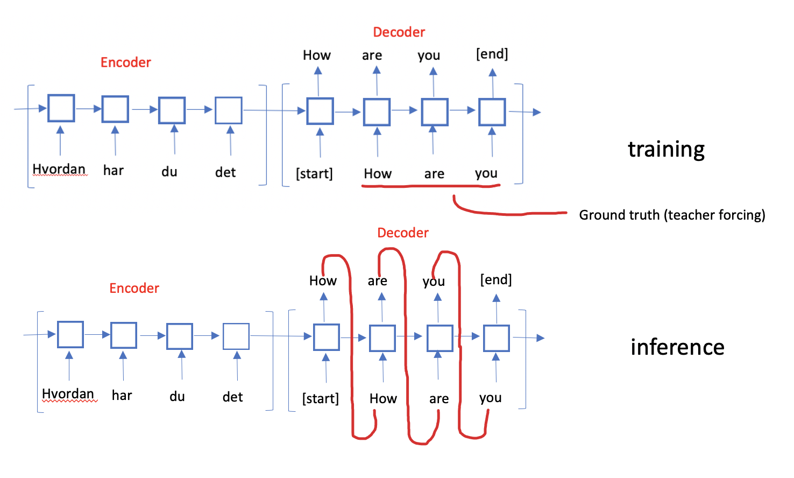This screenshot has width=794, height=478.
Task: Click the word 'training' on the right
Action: click(666, 149)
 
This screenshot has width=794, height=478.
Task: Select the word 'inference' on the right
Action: click(677, 347)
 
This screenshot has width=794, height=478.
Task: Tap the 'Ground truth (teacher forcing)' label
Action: click(672, 215)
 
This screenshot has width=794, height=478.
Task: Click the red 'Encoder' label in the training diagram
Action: click(126, 62)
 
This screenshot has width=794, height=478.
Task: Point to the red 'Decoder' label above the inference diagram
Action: click(403, 233)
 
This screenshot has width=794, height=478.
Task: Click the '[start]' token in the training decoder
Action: click(314, 173)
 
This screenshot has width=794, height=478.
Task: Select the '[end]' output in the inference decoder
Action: click(495, 279)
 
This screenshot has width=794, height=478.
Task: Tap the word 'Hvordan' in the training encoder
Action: click(59, 169)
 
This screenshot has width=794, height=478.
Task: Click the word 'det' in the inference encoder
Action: click(232, 397)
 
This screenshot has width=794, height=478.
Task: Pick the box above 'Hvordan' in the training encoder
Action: click(61, 108)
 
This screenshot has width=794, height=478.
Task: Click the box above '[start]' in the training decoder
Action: click(320, 111)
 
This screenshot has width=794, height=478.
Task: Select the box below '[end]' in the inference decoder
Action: click(496, 338)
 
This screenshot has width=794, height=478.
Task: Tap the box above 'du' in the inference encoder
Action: click(180, 336)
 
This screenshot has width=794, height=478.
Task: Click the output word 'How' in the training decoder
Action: click(316, 55)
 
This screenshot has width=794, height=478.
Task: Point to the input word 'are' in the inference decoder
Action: click(439, 399)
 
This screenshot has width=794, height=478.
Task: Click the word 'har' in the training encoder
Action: click(114, 171)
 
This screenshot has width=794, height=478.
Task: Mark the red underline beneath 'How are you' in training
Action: click(430, 186)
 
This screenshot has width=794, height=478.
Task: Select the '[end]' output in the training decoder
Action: click(492, 54)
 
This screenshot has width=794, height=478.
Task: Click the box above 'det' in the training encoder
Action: click(229, 110)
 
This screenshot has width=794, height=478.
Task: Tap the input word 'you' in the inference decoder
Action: click(490, 398)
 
